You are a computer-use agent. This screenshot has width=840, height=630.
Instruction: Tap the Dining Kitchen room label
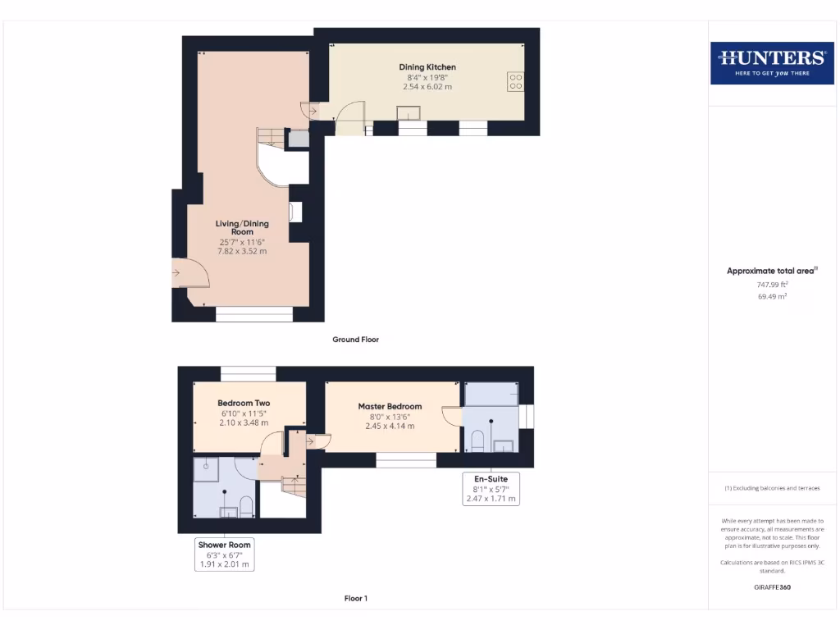(x=427, y=67)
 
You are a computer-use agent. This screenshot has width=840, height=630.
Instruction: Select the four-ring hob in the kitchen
(x=516, y=80)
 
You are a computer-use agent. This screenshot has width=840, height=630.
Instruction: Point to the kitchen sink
(x=408, y=113)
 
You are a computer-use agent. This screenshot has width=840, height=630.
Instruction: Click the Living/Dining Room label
(x=242, y=228)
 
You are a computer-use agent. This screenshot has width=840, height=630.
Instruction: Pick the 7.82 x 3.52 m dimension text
(x=242, y=251)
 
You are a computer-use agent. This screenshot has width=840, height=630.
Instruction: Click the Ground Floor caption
(x=355, y=340)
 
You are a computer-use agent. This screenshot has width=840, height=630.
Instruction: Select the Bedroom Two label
(x=244, y=403)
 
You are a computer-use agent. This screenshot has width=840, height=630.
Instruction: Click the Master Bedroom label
(x=390, y=406)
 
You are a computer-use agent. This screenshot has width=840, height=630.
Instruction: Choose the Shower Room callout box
(x=224, y=555)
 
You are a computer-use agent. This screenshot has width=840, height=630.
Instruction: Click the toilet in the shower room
(x=246, y=506)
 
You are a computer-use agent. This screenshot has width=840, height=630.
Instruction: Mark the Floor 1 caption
(x=355, y=599)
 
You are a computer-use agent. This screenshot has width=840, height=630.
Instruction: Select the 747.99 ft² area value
(x=772, y=285)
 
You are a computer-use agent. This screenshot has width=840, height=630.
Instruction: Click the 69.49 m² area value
(x=772, y=297)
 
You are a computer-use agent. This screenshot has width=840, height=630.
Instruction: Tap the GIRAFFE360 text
(x=772, y=587)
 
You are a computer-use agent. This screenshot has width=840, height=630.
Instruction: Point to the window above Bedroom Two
(x=248, y=373)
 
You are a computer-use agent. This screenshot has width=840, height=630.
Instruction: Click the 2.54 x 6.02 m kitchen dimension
(x=427, y=87)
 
